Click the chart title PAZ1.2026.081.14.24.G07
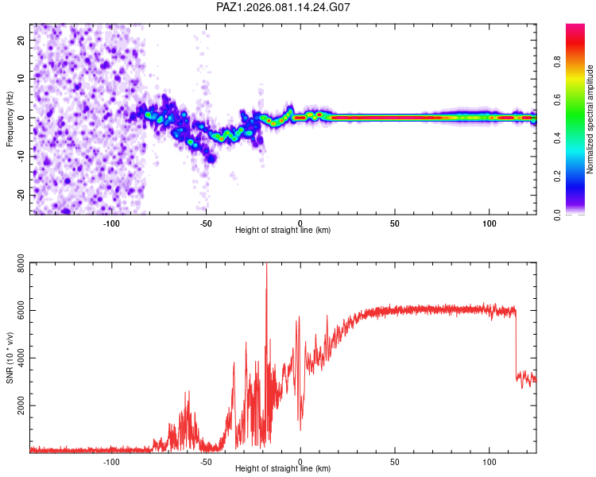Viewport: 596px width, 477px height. pyautogui.click(x=284, y=7)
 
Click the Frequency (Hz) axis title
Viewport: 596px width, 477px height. pyautogui.click(x=10, y=119)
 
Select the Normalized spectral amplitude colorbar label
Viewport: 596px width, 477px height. pyautogui.click(x=590, y=120)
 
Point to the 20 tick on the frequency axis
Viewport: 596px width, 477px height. pyautogui.click(x=21, y=39)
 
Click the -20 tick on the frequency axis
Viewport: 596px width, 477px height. pyautogui.click(x=20, y=195)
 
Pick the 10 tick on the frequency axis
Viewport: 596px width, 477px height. pyautogui.click(x=21, y=78)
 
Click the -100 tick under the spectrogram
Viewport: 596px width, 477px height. pyautogui.click(x=111, y=223)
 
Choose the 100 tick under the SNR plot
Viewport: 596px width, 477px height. pyautogui.click(x=490, y=461)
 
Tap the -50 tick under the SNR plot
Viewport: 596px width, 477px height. pyautogui.click(x=206, y=461)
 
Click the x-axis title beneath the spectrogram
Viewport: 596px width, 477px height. pyautogui.click(x=283, y=231)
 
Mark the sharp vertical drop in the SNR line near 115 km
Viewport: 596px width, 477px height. pyautogui.click(x=516, y=342)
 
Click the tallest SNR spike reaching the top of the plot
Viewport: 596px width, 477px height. pyautogui.click(x=266, y=267)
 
